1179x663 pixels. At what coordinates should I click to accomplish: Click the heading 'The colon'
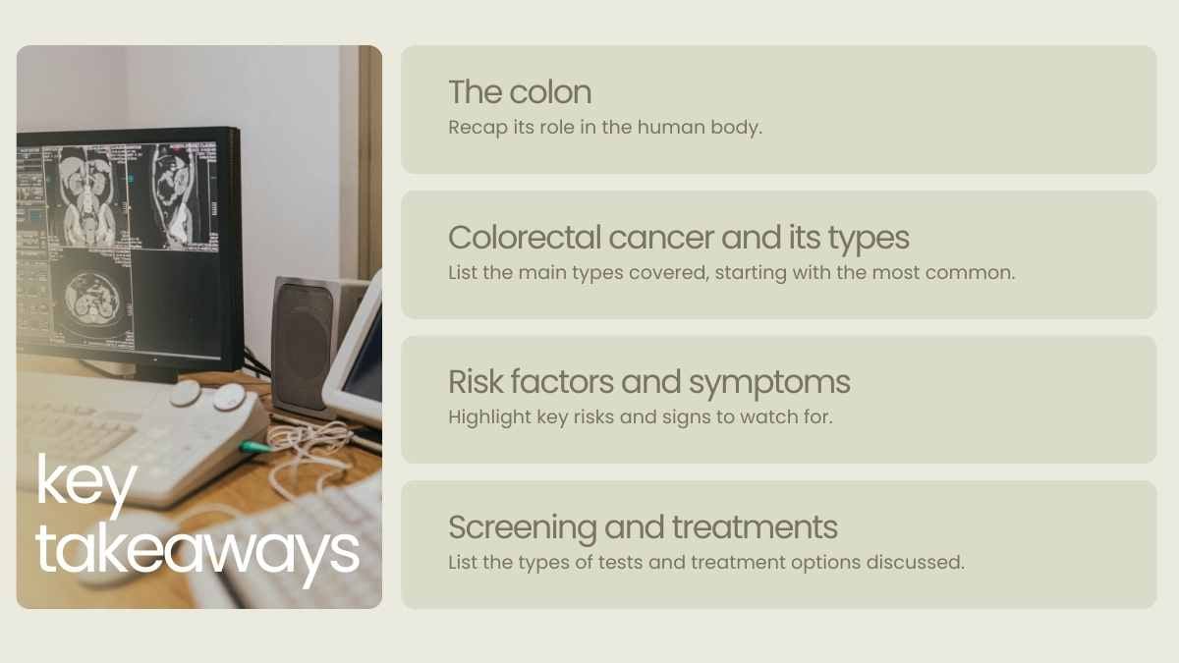pos(520,92)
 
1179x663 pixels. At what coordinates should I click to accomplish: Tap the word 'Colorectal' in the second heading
pos(525,238)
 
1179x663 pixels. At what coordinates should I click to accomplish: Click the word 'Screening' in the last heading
pos(522,528)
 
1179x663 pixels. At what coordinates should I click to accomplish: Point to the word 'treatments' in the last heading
pos(755,527)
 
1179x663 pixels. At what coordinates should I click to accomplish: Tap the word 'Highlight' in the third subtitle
pos(489,417)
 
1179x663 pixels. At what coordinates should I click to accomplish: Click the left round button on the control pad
pos(185,393)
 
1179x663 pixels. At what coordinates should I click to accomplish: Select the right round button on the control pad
pos(230,397)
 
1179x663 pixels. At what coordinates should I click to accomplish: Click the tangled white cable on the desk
pos(308,447)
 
